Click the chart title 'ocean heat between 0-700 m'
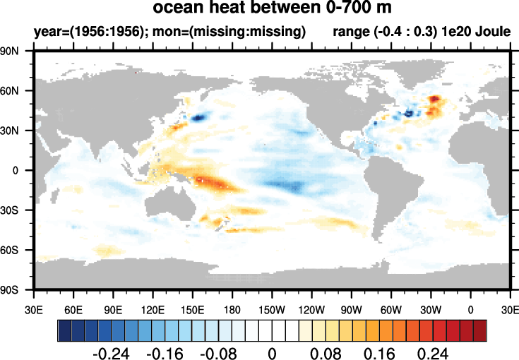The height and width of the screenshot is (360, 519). pyautogui.click(x=272, y=9)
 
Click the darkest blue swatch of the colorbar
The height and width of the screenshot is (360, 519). pyautogui.click(x=64, y=330)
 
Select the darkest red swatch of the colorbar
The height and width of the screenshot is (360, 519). pyautogui.click(x=480, y=330)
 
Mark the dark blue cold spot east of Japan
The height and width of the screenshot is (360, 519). pyautogui.click(x=199, y=116)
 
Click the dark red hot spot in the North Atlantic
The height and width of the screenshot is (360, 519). pyautogui.click(x=434, y=100)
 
